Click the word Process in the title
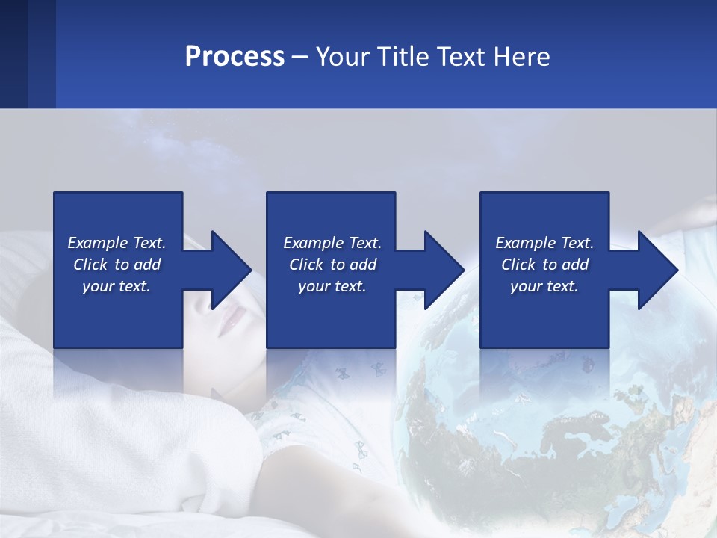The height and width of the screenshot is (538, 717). (235, 57)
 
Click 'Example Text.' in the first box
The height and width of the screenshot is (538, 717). (117, 243)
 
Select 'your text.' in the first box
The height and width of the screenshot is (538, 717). (117, 286)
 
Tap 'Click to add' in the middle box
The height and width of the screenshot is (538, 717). (332, 265)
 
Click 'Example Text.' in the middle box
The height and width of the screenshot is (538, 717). (332, 243)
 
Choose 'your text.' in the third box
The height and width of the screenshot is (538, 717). (544, 286)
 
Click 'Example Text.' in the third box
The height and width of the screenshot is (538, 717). (544, 243)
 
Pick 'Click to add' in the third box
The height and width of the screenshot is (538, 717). (544, 265)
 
